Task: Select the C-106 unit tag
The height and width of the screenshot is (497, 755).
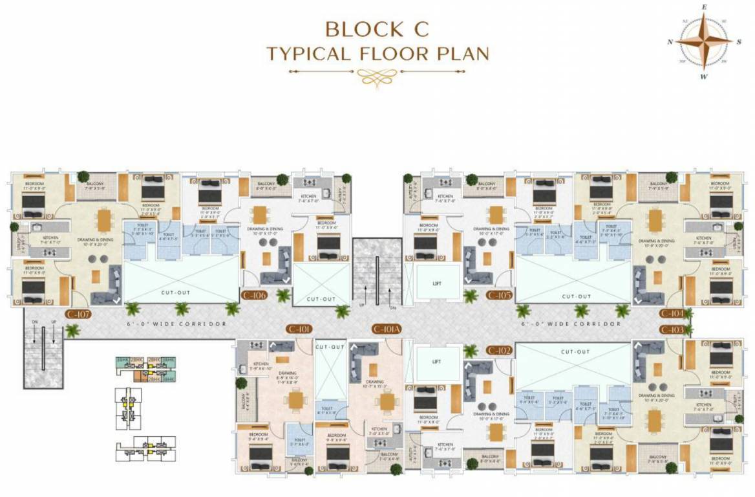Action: pos(254,296)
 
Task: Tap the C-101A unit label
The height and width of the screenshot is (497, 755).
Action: pos(387,329)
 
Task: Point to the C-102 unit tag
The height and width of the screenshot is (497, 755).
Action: pos(500,350)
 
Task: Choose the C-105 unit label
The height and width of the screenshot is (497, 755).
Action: pos(500,296)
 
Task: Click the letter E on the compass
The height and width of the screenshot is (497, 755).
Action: pos(703,7)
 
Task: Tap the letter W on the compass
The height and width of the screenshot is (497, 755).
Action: pos(703,76)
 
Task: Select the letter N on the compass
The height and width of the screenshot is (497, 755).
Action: pos(670,41)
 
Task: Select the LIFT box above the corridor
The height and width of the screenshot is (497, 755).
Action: pos(437,283)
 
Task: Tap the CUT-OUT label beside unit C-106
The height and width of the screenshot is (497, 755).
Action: pos(321,299)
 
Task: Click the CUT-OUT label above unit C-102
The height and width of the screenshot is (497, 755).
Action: pos(575,351)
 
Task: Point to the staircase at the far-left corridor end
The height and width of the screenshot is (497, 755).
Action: pos(44,353)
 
